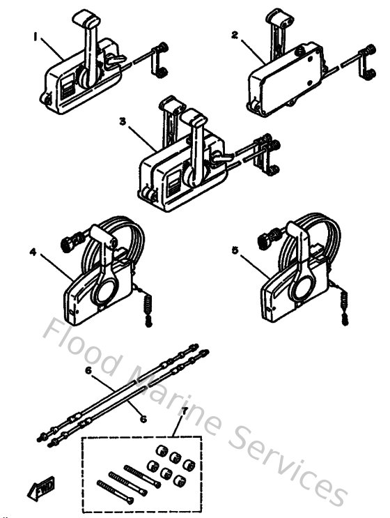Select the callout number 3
[x=123, y=120]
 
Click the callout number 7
[x=183, y=413]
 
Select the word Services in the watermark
[x=292, y=467]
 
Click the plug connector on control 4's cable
[x=68, y=243]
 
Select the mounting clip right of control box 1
[x=159, y=61]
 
